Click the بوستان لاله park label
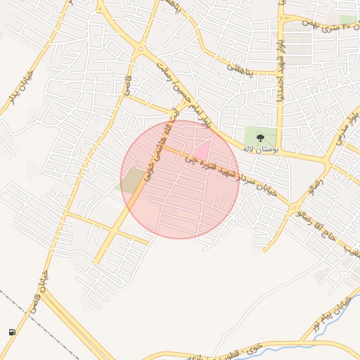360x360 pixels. [x=261, y=149]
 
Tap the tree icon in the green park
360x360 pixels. [x=261, y=138]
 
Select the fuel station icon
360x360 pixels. [x=12, y=332]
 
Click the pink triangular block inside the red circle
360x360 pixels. [x=202, y=150]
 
